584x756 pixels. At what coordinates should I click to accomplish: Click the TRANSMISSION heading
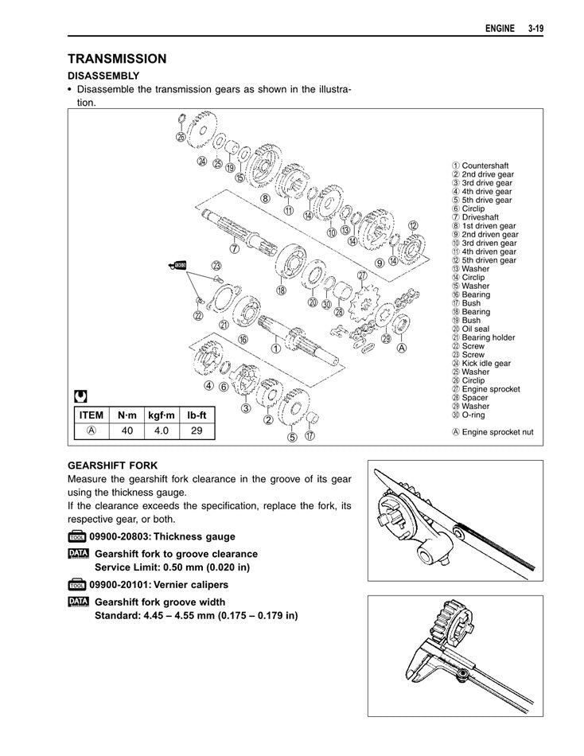click(117, 59)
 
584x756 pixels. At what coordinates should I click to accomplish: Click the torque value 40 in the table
click(127, 431)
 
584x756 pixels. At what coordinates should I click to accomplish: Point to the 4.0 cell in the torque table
click(162, 431)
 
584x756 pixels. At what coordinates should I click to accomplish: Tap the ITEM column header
click(91, 415)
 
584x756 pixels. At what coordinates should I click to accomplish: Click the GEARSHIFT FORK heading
click(112, 465)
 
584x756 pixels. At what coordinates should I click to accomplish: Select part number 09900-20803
click(123, 537)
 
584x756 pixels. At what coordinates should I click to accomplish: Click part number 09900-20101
click(123, 585)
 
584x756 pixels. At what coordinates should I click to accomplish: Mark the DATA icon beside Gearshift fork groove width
click(78, 602)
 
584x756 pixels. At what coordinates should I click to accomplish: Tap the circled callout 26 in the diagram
click(181, 138)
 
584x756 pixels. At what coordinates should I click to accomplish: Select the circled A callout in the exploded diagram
click(403, 348)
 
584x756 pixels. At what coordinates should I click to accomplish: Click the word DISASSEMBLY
click(103, 76)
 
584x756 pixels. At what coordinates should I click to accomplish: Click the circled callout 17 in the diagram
click(310, 435)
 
